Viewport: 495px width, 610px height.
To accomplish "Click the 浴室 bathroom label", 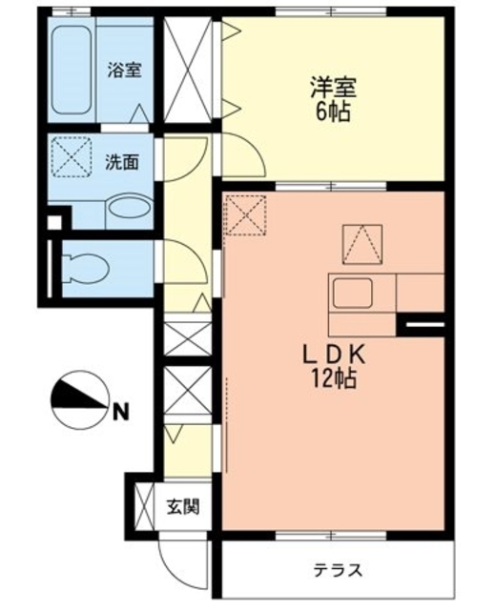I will [x=123, y=70].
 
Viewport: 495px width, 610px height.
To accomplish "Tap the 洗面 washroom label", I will [x=121, y=162].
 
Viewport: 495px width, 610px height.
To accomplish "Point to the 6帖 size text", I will [x=332, y=112].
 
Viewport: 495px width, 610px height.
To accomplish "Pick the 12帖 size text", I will [x=331, y=378].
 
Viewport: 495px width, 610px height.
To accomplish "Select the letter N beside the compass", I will [x=119, y=413].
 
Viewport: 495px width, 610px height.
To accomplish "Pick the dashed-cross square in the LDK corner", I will [x=246, y=215].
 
